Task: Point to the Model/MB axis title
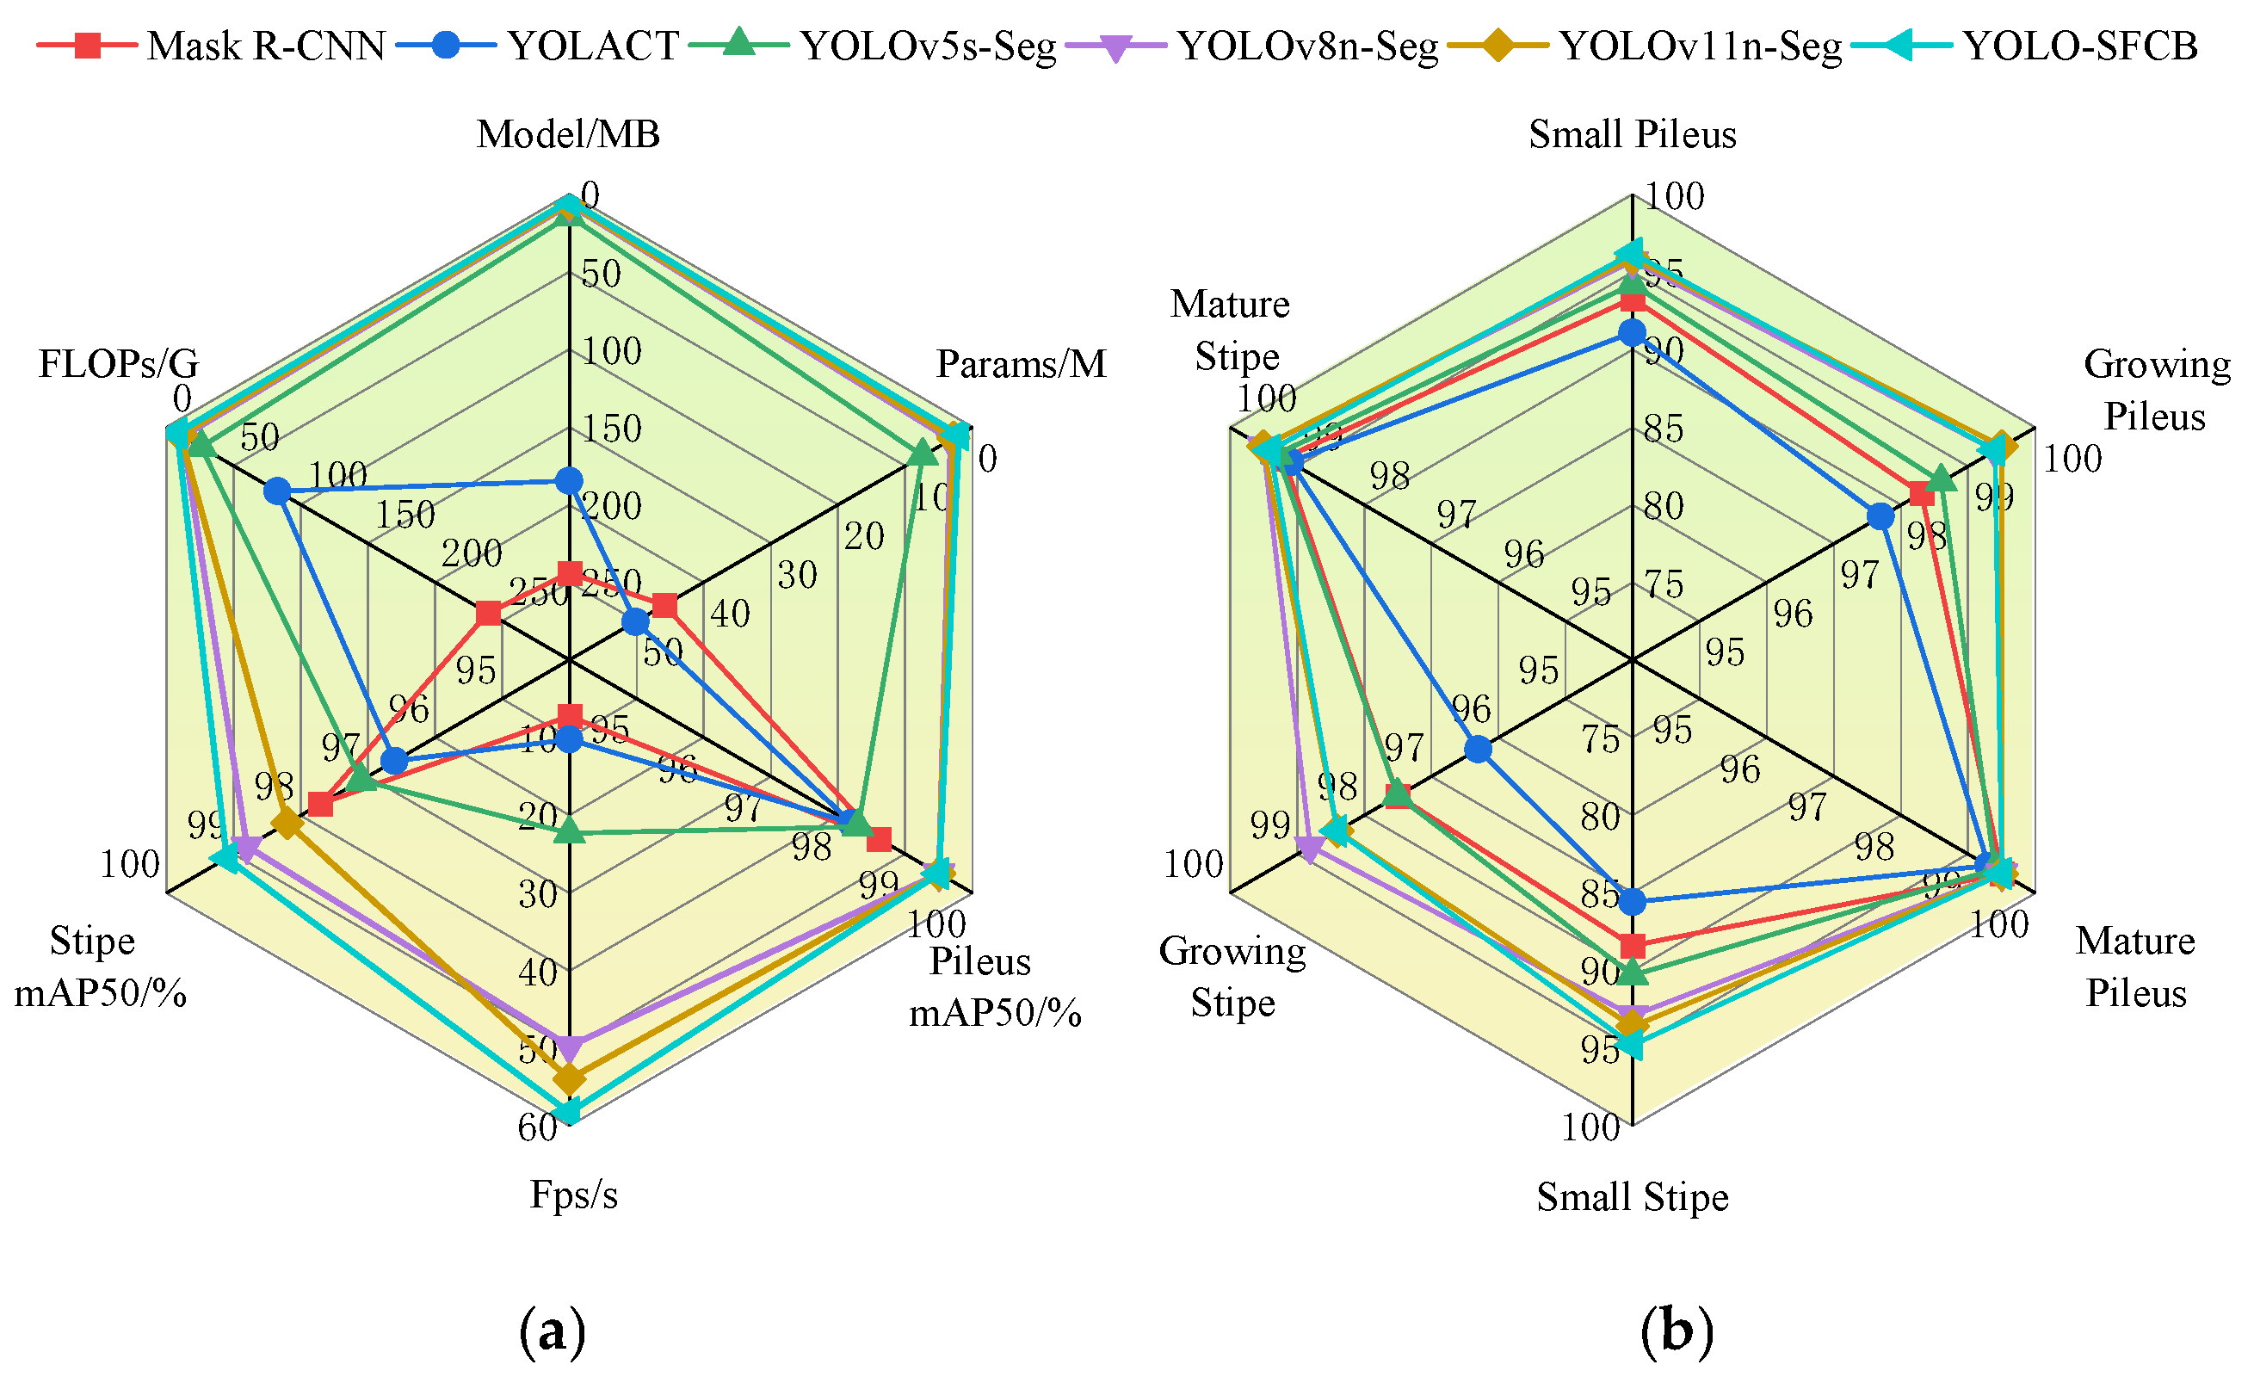(x=568, y=134)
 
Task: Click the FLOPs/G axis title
(x=119, y=364)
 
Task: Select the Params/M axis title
(x=1021, y=364)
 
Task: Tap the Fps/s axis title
(x=573, y=1195)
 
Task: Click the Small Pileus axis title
(x=1632, y=134)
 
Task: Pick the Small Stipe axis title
(x=1632, y=1197)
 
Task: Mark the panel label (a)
(x=552, y=1331)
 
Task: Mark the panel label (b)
(x=1676, y=1331)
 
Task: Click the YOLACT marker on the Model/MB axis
(x=569, y=479)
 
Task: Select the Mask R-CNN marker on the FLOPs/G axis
(x=489, y=613)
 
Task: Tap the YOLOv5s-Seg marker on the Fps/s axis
(x=569, y=831)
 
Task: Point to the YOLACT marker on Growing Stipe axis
(x=1478, y=750)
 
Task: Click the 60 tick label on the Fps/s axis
(x=537, y=1128)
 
